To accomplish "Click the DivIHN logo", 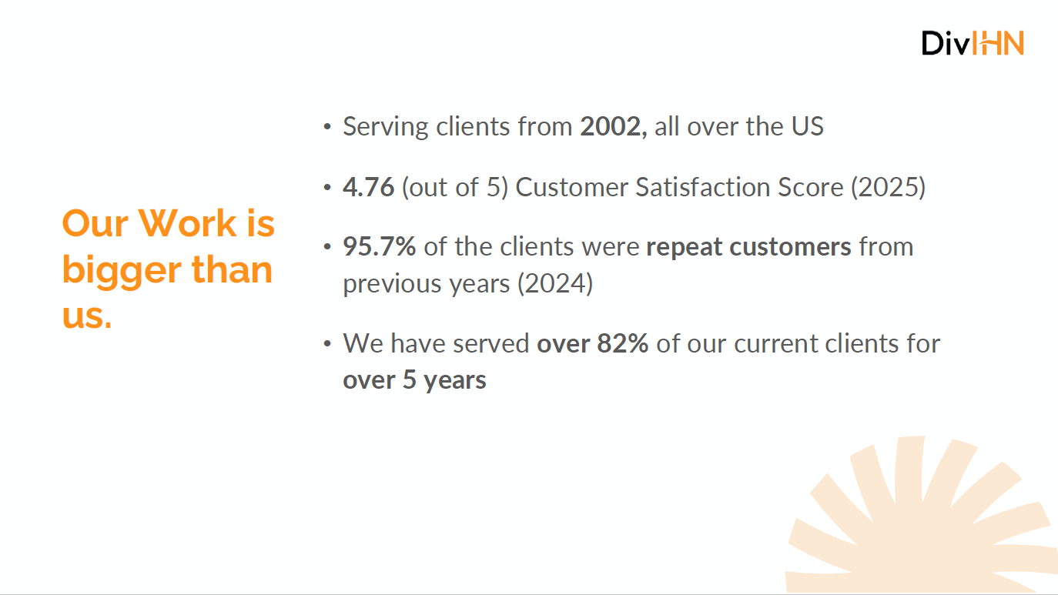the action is tap(973, 43).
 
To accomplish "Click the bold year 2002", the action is tap(611, 126).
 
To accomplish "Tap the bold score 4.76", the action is tap(368, 187).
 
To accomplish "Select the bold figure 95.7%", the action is tap(380, 246).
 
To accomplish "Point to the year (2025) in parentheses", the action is tap(888, 188).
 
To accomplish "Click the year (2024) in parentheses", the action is tap(555, 284).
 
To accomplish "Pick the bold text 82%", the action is tap(622, 343).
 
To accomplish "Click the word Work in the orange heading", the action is tap(187, 223).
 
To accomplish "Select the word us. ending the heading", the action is tap(87, 316).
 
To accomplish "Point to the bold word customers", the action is tap(790, 247).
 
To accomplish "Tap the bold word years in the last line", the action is tap(455, 380).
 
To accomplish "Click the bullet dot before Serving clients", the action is tap(327, 126).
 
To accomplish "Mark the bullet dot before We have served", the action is tap(327, 343).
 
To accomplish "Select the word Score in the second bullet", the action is tap(810, 187).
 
